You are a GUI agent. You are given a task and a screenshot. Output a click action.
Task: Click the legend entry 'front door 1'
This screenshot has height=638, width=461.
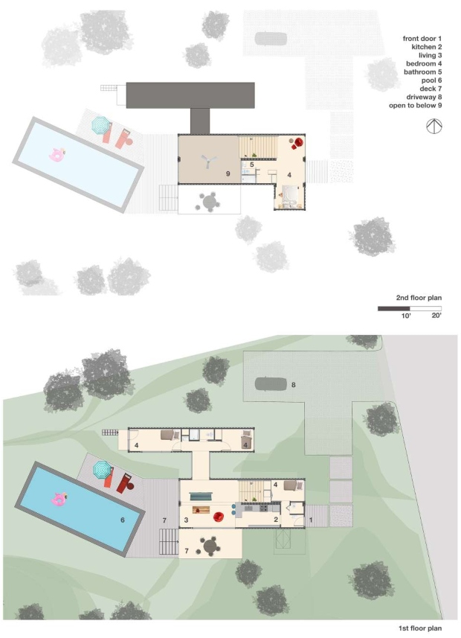[x=422, y=39]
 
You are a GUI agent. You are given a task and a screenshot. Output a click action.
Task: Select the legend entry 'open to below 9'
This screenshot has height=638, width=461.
[x=415, y=106]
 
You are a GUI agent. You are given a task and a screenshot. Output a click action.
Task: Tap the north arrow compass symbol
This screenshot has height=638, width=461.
[x=434, y=126]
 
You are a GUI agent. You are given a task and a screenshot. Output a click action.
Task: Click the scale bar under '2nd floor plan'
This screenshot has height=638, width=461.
[x=410, y=309]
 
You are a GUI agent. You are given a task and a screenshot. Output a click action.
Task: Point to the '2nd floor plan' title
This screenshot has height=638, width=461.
[x=419, y=298]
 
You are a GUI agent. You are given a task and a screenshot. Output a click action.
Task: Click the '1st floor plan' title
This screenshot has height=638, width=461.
[x=420, y=628]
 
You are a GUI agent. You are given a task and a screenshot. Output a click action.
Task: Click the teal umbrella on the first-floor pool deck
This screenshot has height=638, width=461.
[x=102, y=470]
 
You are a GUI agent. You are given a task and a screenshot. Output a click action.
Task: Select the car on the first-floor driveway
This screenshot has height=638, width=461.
[x=271, y=383]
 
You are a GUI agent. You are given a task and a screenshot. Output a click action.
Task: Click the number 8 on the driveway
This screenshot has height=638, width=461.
[x=293, y=384]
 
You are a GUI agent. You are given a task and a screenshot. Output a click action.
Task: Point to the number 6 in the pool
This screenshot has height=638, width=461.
[x=123, y=520]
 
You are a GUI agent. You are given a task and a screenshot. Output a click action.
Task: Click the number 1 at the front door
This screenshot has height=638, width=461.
[x=311, y=520]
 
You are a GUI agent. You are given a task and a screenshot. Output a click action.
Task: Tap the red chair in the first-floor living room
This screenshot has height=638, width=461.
[x=219, y=517]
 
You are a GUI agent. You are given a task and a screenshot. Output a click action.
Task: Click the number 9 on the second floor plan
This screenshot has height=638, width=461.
[x=228, y=173]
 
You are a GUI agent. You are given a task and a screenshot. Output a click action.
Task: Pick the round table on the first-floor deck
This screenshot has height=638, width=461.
[x=210, y=547]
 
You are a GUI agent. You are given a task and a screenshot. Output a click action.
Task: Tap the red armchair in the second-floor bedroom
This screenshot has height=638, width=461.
[x=298, y=143]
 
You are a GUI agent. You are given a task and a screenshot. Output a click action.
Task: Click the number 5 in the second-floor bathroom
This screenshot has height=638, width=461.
[x=252, y=165]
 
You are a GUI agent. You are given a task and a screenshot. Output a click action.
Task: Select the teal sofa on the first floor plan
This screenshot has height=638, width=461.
[x=201, y=496]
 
